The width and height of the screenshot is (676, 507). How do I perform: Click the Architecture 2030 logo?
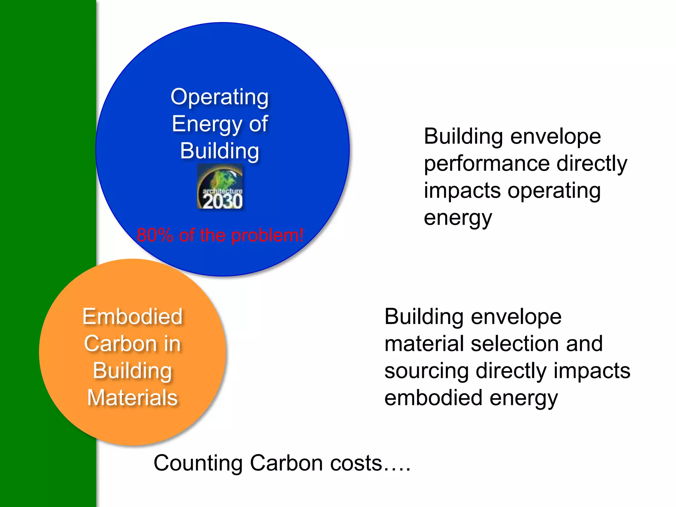220,186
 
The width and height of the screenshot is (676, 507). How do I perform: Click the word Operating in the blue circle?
220,97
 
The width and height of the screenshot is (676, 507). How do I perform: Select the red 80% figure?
154,235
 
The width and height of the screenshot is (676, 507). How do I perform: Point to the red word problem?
267,235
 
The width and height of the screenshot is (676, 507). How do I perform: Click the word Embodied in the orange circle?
132,317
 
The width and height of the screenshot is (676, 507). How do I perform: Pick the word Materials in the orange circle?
132,397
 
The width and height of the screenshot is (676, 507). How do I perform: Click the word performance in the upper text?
487,164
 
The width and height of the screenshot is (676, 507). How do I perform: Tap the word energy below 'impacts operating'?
458,218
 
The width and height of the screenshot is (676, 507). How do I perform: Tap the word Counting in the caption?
198,463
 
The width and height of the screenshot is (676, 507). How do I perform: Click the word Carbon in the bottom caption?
287,463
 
